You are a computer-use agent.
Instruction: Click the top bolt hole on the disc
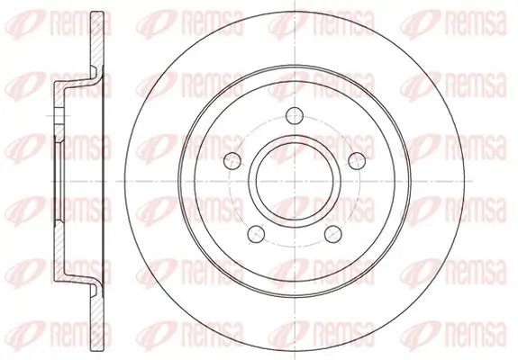click(x=295, y=115)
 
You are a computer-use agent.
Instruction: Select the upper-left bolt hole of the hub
click(x=232, y=161)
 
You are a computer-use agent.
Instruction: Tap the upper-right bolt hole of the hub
click(x=357, y=161)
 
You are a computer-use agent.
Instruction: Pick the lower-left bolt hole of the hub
click(x=256, y=234)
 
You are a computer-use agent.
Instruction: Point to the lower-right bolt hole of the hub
click(x=333, y=234)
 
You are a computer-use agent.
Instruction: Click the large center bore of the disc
click(x=295, y=181)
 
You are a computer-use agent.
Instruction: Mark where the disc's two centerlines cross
click(x=295, y=181)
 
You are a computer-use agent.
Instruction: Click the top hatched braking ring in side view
click(x=96, y=40)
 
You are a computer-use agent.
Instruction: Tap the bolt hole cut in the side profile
click(x=59, y=116)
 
